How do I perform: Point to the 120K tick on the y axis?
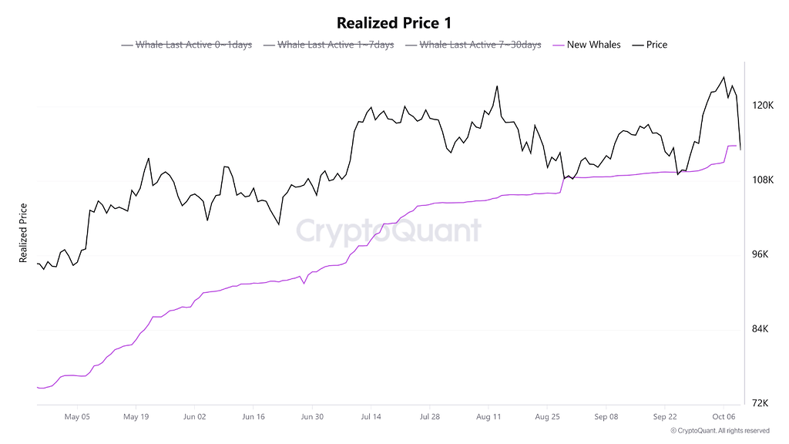[x=763, y=106]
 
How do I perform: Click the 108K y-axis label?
[x=763, y=180]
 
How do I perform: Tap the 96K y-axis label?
[x=761, y=255]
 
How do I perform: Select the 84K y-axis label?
[x=761, y=330]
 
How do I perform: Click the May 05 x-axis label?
[x=77, y=417]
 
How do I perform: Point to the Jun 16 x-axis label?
[x=253, y=417]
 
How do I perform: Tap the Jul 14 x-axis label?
[x=371, y=417]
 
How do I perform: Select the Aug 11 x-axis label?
[x=489, y=417]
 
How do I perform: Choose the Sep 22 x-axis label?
[x=665, y=417]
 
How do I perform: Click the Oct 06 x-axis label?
[x=724, y=417]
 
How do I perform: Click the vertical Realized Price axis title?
[x=24, y=233]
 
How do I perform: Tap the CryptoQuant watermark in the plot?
[x=388, y=230]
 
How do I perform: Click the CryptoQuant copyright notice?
[x=720, y=431]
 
